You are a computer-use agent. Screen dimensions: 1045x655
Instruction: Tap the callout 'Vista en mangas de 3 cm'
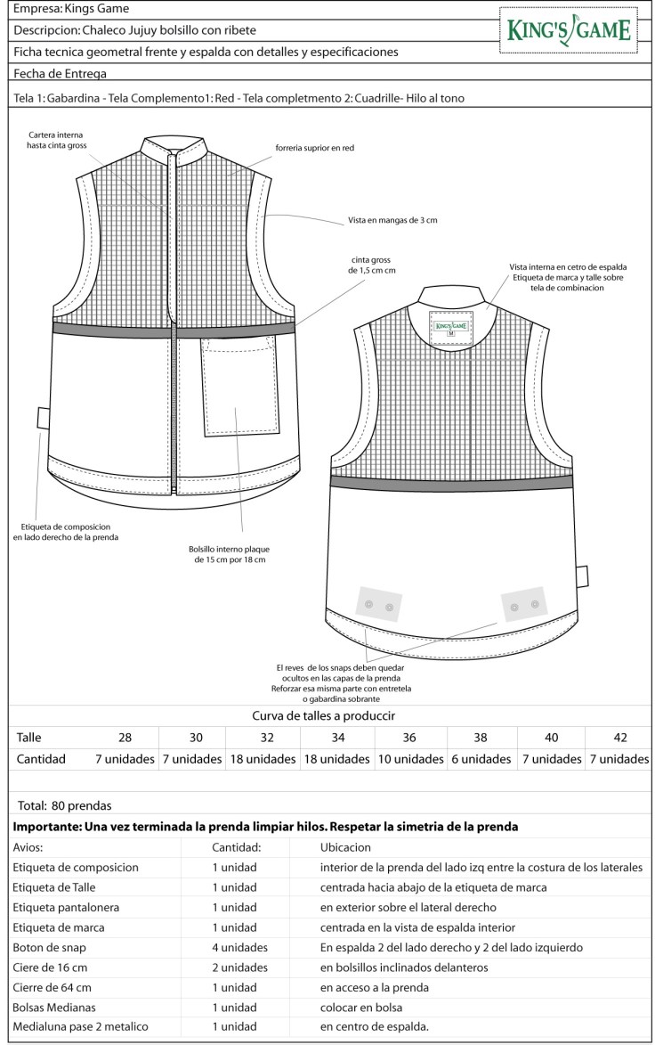point(392,220)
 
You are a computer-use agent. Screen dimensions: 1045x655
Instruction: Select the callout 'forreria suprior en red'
point(315,148)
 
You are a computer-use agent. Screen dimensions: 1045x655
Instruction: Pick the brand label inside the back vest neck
point(451,327)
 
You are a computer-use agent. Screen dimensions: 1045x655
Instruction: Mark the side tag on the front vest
point(43,417)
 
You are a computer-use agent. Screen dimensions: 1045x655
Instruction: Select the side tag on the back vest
point(582,576)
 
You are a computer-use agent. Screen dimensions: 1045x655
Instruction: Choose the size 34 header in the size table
point(338,738)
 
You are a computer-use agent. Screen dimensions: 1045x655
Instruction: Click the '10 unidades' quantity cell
point(409,759)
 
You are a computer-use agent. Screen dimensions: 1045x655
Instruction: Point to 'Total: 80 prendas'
point(62,805)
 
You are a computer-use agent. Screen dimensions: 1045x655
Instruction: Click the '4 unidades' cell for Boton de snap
point(239,947)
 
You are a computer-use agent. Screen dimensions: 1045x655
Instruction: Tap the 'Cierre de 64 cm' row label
point(53,987)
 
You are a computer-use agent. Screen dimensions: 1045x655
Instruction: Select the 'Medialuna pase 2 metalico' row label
point(81,1026)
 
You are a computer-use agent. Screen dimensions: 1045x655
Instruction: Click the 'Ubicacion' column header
point(345,847)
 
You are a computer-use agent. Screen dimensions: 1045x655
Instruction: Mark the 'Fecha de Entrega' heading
point(61,73)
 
